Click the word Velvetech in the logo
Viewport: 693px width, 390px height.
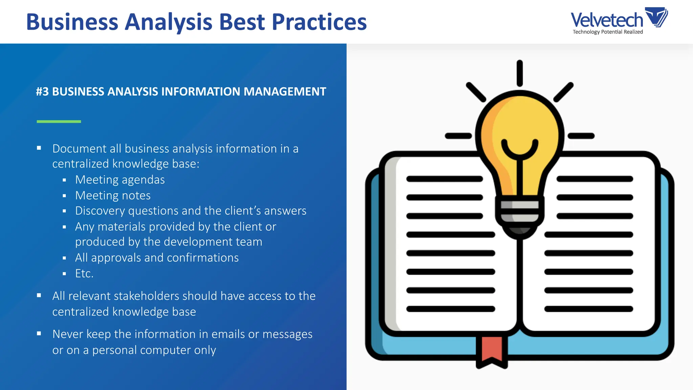coord(606,20)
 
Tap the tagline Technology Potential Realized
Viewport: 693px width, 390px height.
coord(607,32)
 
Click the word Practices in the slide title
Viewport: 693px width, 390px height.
coord(319,22)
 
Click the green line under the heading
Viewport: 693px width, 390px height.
coord(59,121)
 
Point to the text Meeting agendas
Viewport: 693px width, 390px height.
coord(120,180)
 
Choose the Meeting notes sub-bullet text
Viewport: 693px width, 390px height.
coord(113,195)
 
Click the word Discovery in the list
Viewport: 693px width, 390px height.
coord(100,211)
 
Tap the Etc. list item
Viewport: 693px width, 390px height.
coord(84,274)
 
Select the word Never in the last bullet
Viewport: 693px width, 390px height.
coord(68,334)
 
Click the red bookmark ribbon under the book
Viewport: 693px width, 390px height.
coord(492,350)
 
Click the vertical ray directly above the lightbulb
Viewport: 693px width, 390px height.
coord(520,73)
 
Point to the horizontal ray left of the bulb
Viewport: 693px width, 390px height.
coord(458,136)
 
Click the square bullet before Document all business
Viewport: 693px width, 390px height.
coord(39,148)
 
